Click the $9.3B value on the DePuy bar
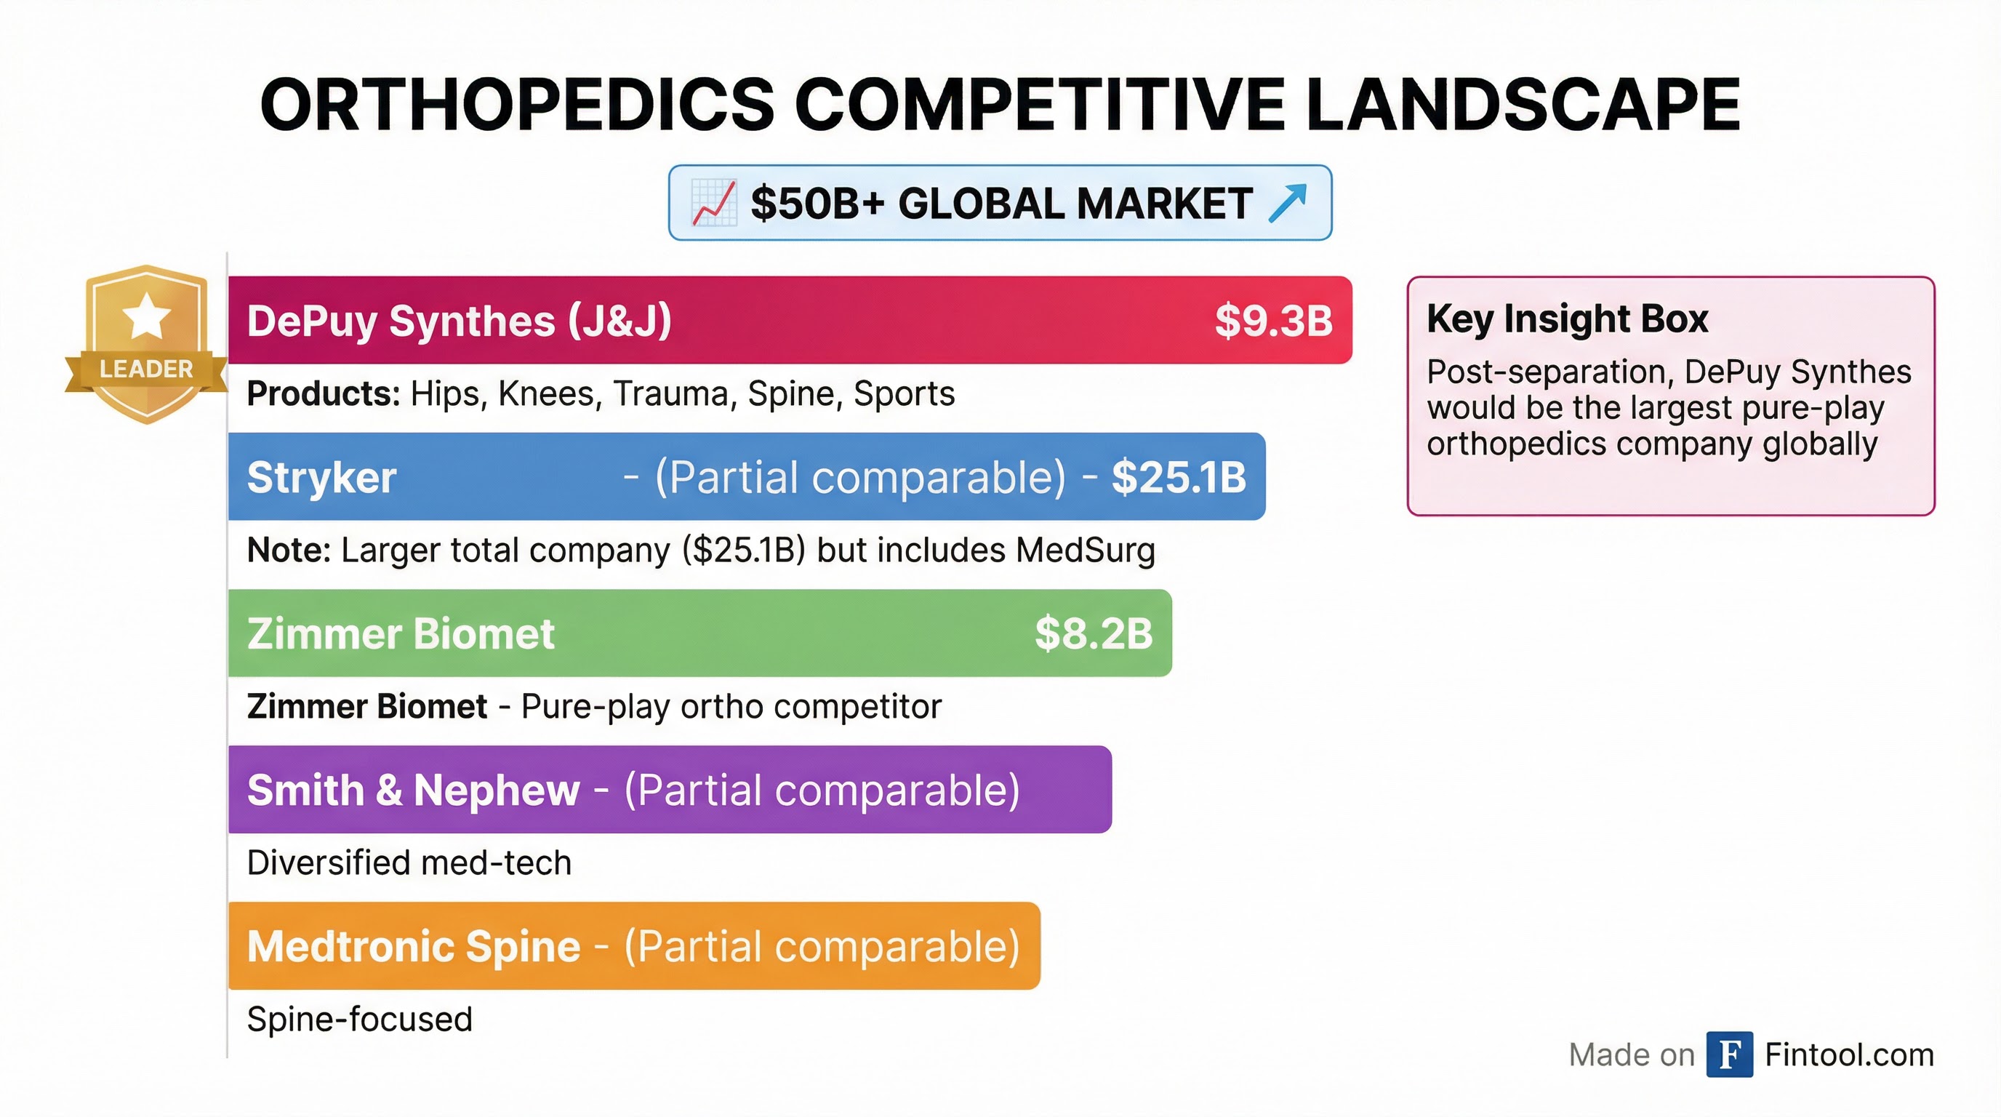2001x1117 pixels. pyautogui.click(x=1273, y=321)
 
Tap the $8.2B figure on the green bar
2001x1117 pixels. pyautogui.click(x=1093, y=634)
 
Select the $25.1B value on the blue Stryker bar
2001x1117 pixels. pyautogui.click(x=1179, y=477)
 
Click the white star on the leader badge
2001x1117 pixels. pyautogui.click(x=146, y=316)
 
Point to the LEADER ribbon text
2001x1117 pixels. pyautogui.click(x=146, y=369)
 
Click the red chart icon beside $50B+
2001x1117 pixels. pyautogui.click(x=713, y=204)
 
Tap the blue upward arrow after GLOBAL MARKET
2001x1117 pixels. pyautogui.click(x=1287, y=204)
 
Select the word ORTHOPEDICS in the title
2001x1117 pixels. pyautogui.click(x=516, y=105)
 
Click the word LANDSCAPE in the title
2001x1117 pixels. pyautogui.click(x=1523, y=105)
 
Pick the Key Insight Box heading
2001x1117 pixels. pyautogui.click(x=1567, y=319)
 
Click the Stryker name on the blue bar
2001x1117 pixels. pyautogui.click(x=321, y=477)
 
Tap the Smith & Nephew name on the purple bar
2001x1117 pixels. pyautogui.click(x=413, y=790)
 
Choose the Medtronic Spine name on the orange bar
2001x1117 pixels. pyautogui.click(x=413, y=946)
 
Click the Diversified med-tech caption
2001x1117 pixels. pyautogui.click(x=409, y=863)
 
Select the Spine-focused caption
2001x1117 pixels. pyautogui.click(x=359, y=1019)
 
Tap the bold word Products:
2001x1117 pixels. pyautogui.click(x=323, y=394)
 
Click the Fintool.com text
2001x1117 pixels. pyautogui.click(x=1849, y=1055)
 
